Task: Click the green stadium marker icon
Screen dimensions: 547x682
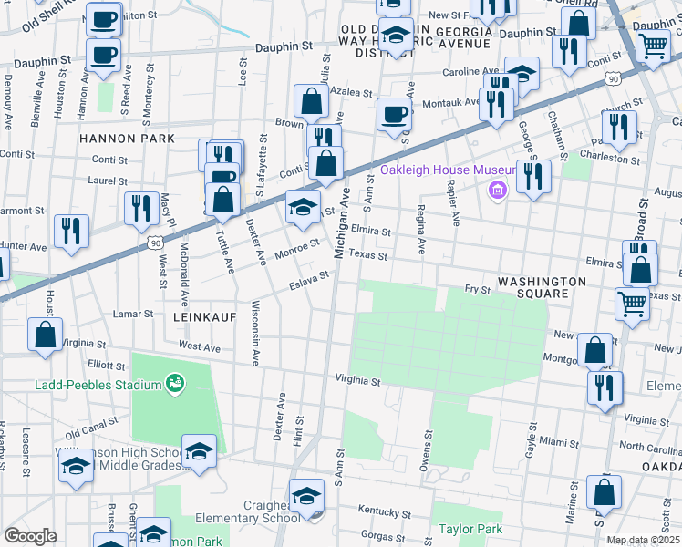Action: [x=173, y=385]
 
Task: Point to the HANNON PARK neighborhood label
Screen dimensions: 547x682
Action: [x=126, y=139]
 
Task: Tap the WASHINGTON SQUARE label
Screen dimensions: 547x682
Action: [x=542, y=288]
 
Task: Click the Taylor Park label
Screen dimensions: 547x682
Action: [x=470, y=529]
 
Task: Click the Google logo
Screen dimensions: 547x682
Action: [x=29, y=536]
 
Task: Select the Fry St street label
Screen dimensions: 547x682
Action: [x=478, y=290]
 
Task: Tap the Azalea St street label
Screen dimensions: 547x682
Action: [x=352, y=93]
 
